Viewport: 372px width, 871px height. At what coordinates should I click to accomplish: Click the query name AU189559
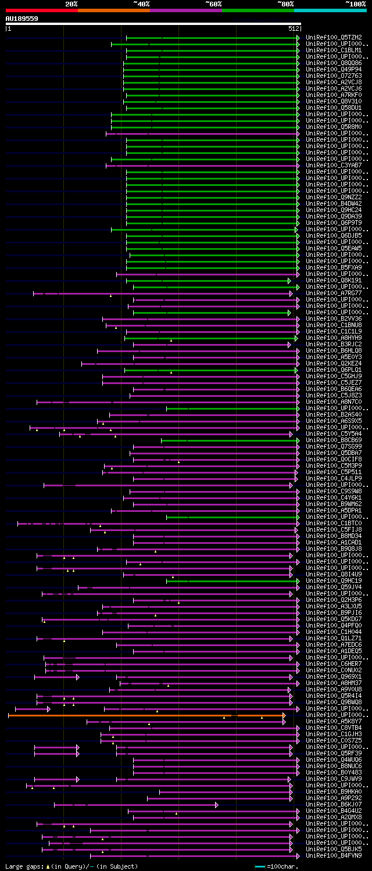point(22,19)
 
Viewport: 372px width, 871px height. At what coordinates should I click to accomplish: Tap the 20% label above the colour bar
point(71,4)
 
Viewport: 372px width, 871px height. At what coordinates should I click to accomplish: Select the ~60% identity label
point(213,4)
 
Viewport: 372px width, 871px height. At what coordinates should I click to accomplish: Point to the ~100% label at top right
point(355,4)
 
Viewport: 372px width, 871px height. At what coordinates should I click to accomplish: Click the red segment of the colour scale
point(41,10)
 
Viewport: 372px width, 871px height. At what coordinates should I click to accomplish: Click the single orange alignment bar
point(145,715)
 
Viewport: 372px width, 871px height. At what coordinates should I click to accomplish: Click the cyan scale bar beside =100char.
point(260,866)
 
